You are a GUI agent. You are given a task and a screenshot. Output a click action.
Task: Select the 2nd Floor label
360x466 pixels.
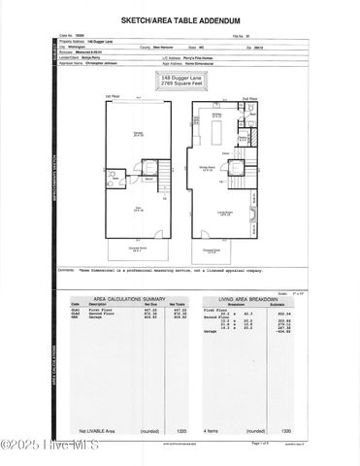coord(248,98)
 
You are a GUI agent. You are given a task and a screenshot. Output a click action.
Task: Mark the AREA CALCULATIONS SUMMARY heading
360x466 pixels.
coord(125,300)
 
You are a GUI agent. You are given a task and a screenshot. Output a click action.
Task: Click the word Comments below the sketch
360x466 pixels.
coord(67,269)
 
